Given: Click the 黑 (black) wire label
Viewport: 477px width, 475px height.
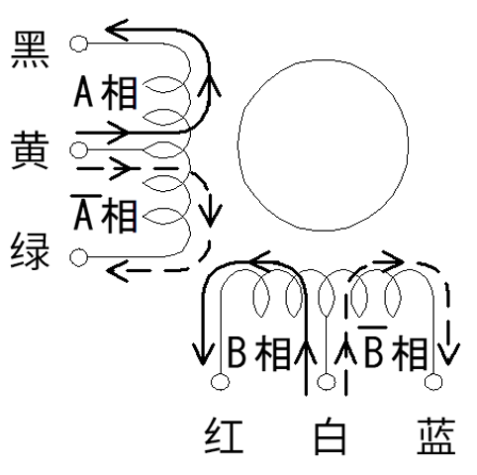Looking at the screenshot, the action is point(30,50).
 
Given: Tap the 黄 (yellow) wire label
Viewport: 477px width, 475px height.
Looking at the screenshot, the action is point(30,150).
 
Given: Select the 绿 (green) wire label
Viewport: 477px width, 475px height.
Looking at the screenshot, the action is point(30,250).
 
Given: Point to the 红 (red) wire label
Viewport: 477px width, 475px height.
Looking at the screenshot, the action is point(224,435).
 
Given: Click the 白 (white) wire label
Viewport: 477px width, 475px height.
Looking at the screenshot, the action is point(330,435).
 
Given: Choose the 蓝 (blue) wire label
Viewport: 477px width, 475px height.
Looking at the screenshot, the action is point(436,435).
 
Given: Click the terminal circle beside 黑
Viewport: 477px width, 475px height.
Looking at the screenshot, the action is point(79,44).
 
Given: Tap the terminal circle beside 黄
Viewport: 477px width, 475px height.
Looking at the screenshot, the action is point(79,150).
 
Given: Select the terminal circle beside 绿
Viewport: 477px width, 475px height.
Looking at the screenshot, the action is point(79,257).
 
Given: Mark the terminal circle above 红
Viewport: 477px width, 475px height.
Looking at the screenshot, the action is point(220,382).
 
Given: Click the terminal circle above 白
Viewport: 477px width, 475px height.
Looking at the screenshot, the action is point(327,382).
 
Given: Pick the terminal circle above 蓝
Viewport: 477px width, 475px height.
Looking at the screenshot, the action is point(433,382).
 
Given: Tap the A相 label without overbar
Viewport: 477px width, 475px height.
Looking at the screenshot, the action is point(105,93).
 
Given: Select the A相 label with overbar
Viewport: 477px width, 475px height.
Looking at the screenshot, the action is point(104,214).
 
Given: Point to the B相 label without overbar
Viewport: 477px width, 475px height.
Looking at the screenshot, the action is point(259,352).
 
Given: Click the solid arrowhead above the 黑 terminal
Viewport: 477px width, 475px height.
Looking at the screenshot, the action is point(117,30).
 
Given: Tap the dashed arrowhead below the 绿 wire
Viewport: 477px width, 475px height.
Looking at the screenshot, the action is point(117,271).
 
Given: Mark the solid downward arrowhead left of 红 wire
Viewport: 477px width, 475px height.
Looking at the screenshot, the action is point(203,354).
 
